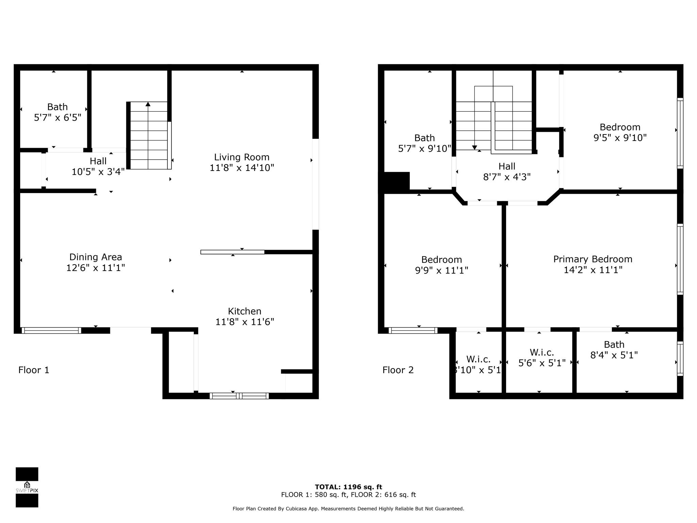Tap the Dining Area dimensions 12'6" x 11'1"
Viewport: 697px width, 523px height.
pos(96,268)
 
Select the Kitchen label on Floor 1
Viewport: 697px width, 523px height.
pos(244,311)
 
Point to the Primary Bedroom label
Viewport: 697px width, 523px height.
pos(593,259)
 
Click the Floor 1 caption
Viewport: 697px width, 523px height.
pos(34,370)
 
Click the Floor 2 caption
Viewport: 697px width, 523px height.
pos(398,370)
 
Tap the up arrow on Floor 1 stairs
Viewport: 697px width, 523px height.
pos(148,104)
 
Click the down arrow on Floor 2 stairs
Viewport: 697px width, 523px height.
pos(474,147)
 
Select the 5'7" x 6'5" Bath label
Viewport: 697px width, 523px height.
pos(57,112)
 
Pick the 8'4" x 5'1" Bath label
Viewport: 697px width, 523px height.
pos(614,350)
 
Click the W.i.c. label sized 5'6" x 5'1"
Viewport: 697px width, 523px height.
pos(542,358)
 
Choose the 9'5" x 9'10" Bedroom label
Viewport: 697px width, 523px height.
pos(620,132)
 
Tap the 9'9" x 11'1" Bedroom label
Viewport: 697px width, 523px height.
pos(441,265)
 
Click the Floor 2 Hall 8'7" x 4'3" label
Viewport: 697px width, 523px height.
pos(507,172)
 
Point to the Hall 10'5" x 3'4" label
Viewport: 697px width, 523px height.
pos(98,166)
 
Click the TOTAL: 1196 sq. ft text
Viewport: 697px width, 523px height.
pos(348,487)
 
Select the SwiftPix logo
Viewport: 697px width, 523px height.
pos(27,487)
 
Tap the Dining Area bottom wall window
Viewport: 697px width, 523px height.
pos(51,330)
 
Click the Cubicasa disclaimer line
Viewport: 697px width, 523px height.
pos(348,509)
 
